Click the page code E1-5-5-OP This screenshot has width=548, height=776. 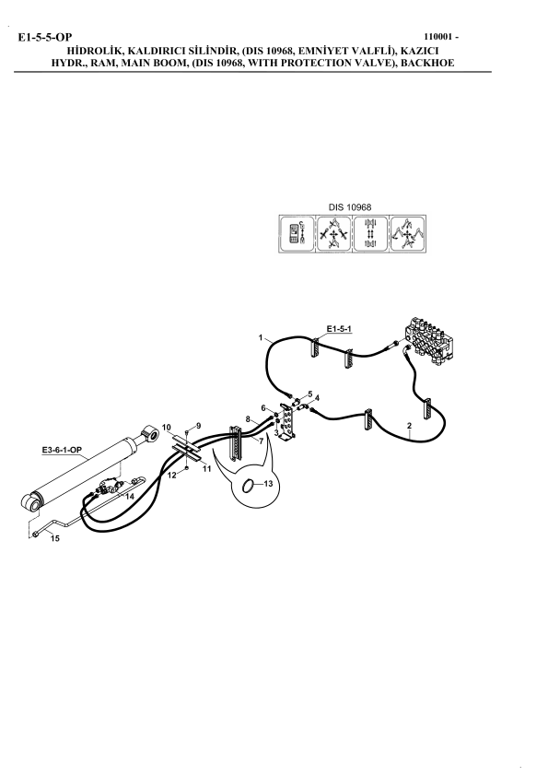45,37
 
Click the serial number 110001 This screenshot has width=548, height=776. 438,37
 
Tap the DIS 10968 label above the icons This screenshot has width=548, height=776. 350,207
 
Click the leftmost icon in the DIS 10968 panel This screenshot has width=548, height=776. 297,233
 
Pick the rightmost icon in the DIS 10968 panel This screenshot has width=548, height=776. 407,233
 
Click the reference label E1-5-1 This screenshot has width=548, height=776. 339,329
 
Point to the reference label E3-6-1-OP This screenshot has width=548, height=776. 62,450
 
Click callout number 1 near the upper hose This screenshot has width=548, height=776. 260,337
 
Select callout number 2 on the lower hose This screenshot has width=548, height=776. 409,426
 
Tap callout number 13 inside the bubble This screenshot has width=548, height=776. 268,484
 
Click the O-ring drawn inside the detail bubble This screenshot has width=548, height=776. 249,487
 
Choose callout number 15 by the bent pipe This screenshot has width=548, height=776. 55,538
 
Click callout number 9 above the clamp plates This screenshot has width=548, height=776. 198,426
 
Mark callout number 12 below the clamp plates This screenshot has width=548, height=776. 171,476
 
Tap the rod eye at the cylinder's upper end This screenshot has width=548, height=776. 151,434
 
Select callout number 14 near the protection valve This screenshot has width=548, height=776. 129,497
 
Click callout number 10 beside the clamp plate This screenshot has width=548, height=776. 167,427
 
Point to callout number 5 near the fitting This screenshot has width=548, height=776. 310,394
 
